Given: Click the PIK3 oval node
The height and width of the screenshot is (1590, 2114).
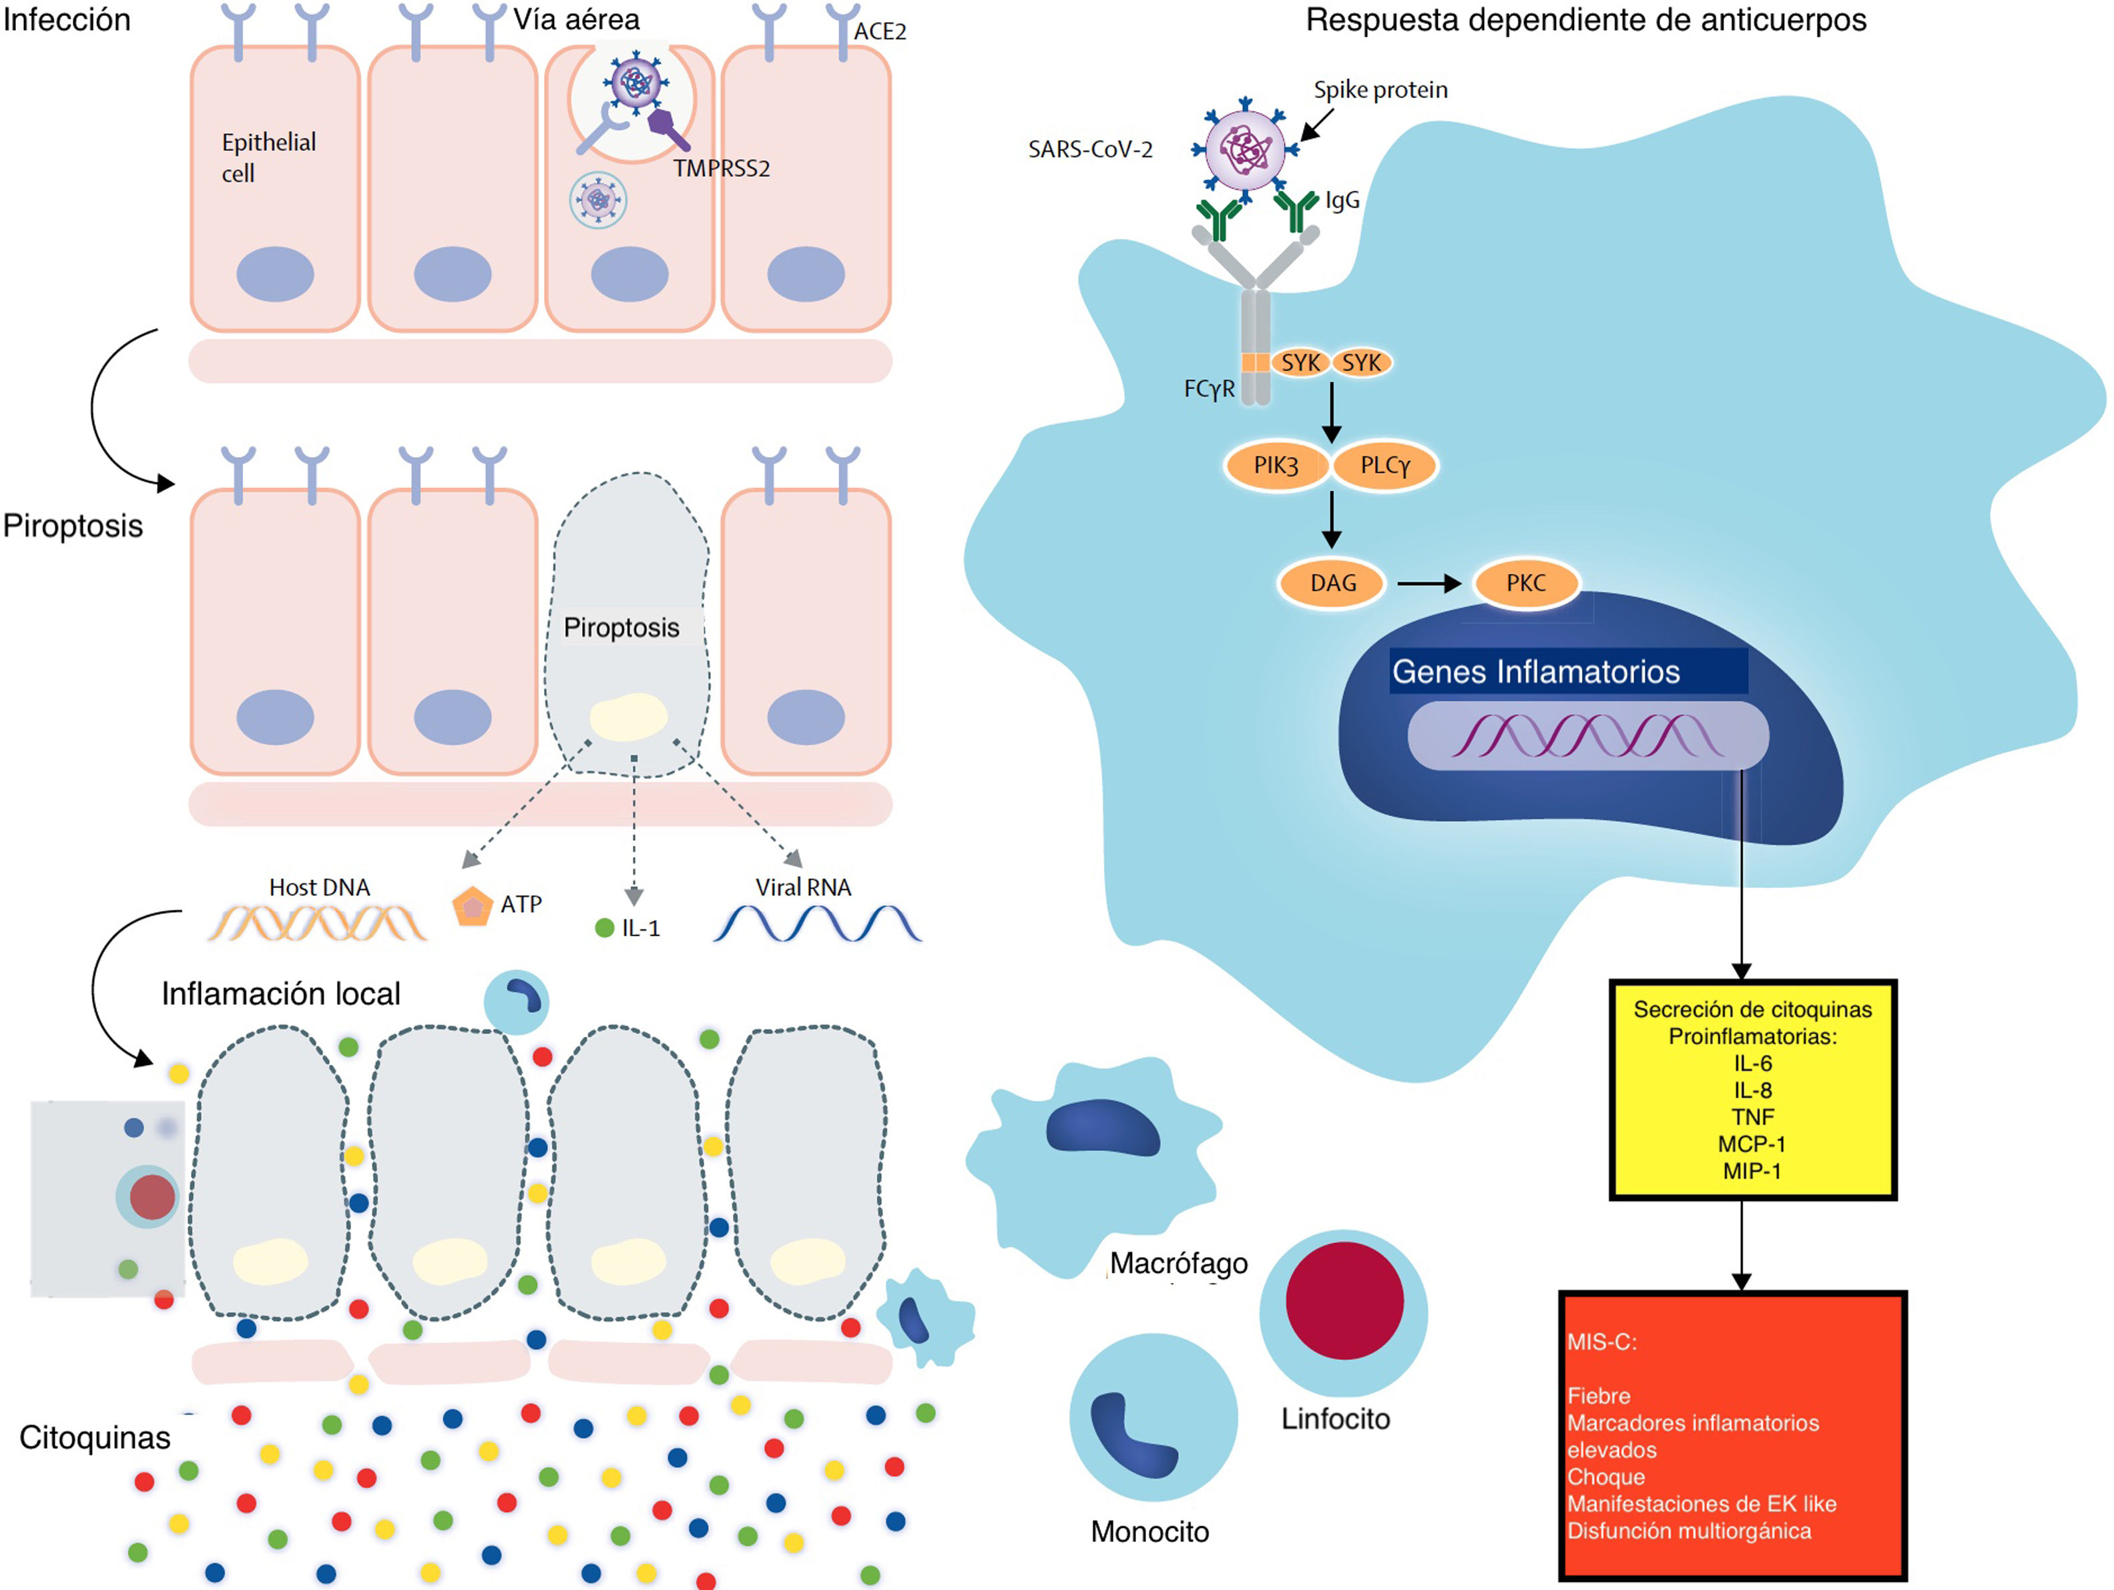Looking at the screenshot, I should click(x=1276, y=465).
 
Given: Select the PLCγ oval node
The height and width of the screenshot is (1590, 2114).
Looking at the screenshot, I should click(x=1385, y=465).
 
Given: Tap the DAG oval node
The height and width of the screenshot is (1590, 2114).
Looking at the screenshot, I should click(x=1332, y=583).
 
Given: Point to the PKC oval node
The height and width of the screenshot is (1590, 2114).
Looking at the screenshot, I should click(x=1525, y=583).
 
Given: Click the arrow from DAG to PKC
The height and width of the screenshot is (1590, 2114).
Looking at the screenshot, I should click(x=1428, y=583).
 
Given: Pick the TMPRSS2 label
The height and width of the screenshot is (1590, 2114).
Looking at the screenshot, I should click(x=721, y=169).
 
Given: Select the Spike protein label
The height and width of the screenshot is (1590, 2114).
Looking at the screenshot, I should click(x=1380, y=90).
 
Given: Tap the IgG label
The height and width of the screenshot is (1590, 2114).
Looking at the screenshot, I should click(x=1342, y=201).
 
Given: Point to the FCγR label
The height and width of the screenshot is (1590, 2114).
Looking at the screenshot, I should click(x=1209, y=389).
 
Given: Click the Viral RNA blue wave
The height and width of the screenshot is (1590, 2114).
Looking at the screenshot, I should click(x=817, y=923).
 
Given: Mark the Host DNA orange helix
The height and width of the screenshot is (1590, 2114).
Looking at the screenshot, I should click(x=317, y=923).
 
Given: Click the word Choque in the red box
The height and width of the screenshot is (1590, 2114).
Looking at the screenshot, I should click(x=1605, y=1477).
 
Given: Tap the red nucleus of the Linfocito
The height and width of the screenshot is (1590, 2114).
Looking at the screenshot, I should click(x=1344, y=1300).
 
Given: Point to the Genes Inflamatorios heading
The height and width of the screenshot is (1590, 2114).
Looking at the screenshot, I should click(x=1535, y=672).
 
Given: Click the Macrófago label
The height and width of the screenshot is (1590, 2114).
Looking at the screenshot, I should click(x=1178, y=1263).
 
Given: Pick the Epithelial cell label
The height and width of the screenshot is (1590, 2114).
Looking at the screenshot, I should click(x=268, y=157).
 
